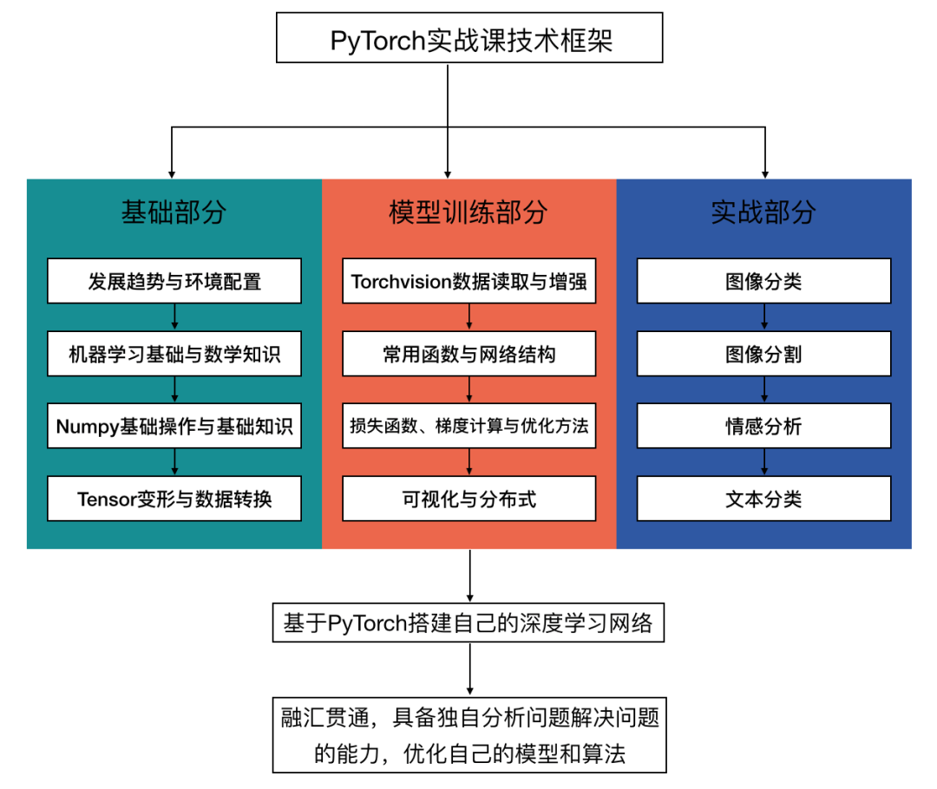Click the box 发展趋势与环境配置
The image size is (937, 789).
click(174, 281)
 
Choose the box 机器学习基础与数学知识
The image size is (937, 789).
click(174, 354)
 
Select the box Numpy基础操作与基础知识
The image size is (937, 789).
click(174, 426)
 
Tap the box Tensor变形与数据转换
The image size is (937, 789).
click(174, 499)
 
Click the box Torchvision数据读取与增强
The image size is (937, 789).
click(468, 281)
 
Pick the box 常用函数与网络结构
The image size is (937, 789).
click(468, 354)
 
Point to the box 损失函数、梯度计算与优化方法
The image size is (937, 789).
click(468, 426)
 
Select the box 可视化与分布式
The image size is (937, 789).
click(468, 499)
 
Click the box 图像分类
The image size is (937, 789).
click(763, 281)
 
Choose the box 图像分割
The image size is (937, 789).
click(763, 354)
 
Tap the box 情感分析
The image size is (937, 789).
click(763, 426)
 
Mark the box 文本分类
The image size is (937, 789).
click(763, 499)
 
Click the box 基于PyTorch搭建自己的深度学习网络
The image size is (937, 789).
click(468, 623)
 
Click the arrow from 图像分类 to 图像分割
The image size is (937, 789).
click(763, 317)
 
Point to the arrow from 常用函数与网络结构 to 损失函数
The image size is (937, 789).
click(469, 389)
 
